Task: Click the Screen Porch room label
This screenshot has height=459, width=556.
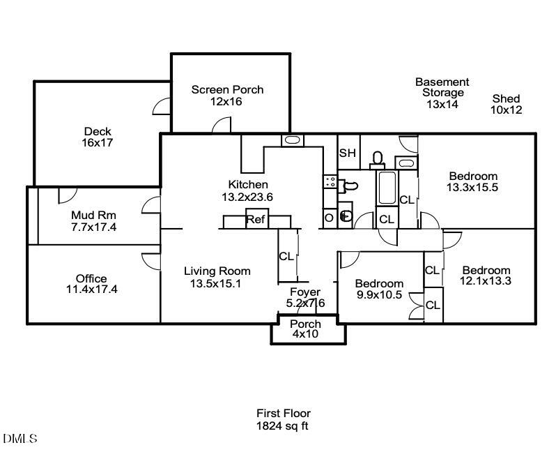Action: pyautogui.click(x=227, y=96)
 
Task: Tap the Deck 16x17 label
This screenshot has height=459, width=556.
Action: pyautogui.click(x=98, y=137)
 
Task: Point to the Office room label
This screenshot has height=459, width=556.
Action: pyautogui.click(x=91, y=284)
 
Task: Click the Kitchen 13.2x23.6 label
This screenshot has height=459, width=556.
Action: pyautogui.click(x=247, y=190)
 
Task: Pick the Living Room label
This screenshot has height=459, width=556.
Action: pyautogui.click(x=217, y=277)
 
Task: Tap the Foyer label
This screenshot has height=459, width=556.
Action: pyautogui.click(x=305, y=297)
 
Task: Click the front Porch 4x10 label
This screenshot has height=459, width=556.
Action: pyautogui.click(x=305, y=329)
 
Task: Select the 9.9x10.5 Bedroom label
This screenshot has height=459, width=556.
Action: pyautogui.click(x=379, y=289)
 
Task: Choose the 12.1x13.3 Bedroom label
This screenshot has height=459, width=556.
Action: pyautogui.click(x=486, y=276)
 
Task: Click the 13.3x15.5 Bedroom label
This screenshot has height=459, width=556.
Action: pyautogui.click(x=472, y=181)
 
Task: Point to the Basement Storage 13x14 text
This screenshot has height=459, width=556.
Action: pyautogui.click(x=442, y=93)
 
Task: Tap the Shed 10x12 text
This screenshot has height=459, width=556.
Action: pyautogui.click(x=506, y=104)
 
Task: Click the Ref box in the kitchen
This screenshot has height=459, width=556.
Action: pyautogui.click(x=255, y=220)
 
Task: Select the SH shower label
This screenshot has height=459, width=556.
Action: pyautogui.click(x=347, y=153)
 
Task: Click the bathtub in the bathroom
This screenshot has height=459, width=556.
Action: pyautogui.click(x=387, y=187)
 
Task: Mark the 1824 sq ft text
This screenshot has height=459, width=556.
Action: pyautogui.click(x=283, y=425)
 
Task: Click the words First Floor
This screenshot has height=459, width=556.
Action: pyautogui.click(x=283, y=413)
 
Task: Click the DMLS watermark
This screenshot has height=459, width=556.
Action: pyautogui.click(x=20, y=439)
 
